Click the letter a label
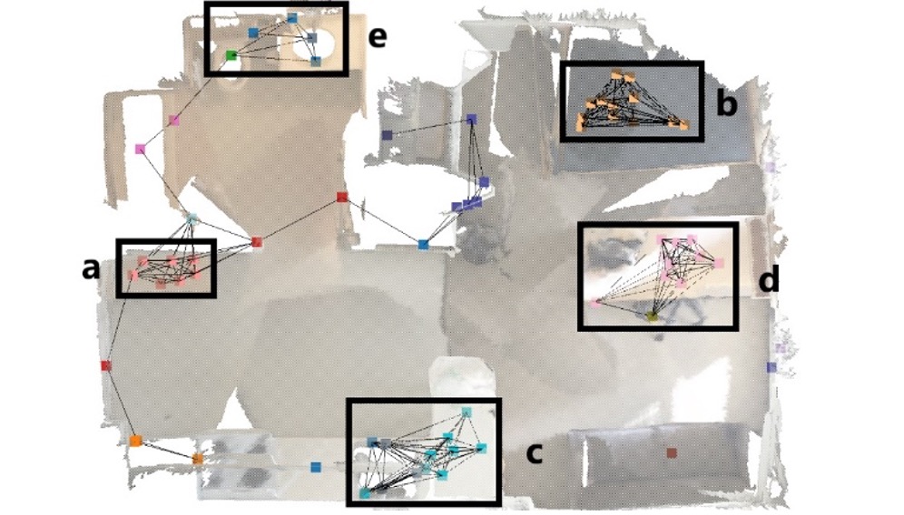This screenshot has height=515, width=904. coord(90,269)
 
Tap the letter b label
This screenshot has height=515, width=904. coord(726,103)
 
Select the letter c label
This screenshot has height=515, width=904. coord(535,454)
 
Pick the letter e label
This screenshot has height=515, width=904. coord(377,37)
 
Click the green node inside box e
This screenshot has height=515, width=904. coord(231,55)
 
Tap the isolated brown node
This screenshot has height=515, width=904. coord(671,453)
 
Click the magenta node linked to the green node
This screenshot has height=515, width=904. coord(174,121)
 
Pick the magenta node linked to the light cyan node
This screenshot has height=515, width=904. coord(140,150)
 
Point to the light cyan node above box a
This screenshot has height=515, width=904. coord(192,219)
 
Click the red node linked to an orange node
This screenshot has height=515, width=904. coord(105,365)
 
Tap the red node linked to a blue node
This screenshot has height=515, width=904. coord(342,198)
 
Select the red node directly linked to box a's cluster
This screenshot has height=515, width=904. coord(257,242)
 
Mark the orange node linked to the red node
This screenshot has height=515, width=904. coord(135,442)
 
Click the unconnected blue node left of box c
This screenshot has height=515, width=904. coord(315,467)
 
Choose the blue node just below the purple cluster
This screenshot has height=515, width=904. coord(423,245)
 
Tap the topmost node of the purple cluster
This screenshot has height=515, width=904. coord(472,120)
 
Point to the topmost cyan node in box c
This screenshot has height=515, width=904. coord(467,412)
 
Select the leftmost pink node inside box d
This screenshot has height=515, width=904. coord(596,302)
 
